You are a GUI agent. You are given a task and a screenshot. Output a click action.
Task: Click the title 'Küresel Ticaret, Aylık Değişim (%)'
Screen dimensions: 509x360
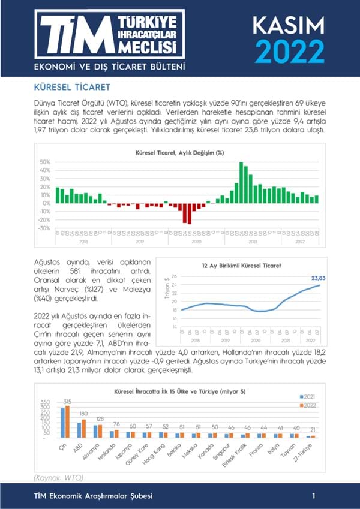(x=179, y=153)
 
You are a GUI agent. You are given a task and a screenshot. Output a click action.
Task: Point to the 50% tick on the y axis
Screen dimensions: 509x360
(x=44, y=162)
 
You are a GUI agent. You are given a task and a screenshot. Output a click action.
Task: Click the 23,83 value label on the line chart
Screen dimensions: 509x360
(x=320, y=278)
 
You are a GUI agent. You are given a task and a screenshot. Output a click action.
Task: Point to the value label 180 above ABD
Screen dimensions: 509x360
(x=83, y=414)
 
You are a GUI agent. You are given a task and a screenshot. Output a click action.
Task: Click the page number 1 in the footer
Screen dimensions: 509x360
(x=314, y=496)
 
